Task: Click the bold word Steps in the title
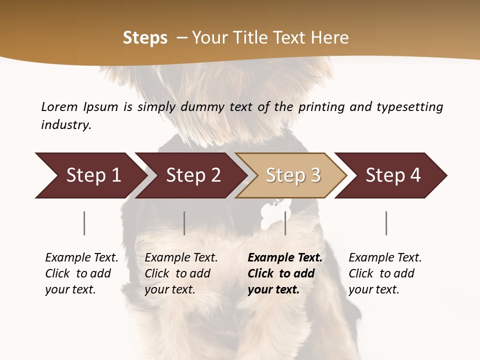(x=145, y=38)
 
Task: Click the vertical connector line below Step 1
(x=84, y=223)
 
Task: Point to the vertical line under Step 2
(x=184, y=223)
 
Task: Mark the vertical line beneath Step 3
(x=285, y=223)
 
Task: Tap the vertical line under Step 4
(x=386, y=223)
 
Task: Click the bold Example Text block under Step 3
(x=285, y=273)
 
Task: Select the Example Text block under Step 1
(x=81, y=273)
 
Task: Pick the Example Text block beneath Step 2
(x=181, y=273)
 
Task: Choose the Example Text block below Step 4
(x=385, y=273)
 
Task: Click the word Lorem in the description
(x=59, y=107)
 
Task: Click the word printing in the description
(x=320, y=107)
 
